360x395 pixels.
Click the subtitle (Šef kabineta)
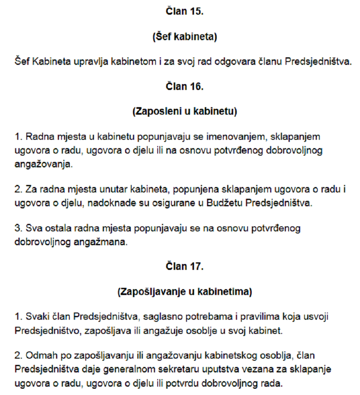point(184,37)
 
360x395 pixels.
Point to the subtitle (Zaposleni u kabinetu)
point(184,112)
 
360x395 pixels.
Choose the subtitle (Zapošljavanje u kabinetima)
point(184,292)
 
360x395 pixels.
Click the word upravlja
point(95,62)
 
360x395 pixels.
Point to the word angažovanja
point(43,164)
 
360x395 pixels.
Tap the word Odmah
point(40,355)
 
